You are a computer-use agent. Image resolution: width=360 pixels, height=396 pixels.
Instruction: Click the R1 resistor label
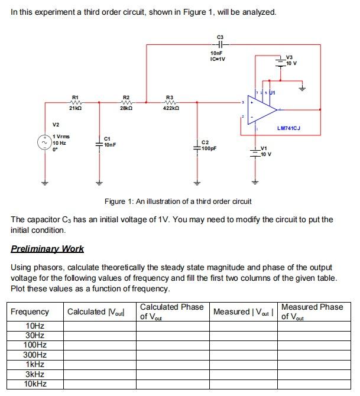[x=74, y=96]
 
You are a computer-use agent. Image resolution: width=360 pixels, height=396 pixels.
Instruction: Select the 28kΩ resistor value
[x=126, y=109]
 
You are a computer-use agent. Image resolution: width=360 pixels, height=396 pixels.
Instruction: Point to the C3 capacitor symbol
[x=220, y=45]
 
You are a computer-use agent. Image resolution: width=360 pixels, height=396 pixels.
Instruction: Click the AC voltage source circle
[x=44, y=142]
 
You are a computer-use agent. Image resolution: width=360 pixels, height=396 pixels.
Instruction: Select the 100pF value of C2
[x=209, y=148]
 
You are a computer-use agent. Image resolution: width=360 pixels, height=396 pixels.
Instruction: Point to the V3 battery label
[x=290, y=57]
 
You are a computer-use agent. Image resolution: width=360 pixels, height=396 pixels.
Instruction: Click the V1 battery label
[x=264, y=148]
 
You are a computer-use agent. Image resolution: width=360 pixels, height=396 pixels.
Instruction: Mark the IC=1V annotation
[x=218, y=59]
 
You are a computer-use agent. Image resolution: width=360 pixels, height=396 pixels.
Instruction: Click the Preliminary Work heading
[x=47, y=249]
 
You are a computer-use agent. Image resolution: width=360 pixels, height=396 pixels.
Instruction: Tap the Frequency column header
[x=30, y=311]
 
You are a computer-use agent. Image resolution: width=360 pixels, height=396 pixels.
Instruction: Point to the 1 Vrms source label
[x=61, y=137]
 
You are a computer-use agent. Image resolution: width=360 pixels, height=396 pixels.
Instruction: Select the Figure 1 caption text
[x=178, y=202]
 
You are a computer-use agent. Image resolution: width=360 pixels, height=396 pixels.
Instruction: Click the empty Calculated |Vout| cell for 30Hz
[x=100, y=335]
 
